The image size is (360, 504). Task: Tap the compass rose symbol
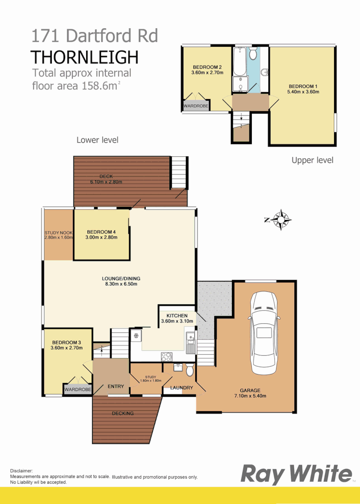281,219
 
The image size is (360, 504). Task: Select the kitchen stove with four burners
167,356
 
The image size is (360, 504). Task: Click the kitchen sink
190,343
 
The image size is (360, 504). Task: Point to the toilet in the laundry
189,370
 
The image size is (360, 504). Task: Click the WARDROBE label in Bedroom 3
78,390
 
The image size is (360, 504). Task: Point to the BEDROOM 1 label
303,86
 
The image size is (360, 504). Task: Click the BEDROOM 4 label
101,232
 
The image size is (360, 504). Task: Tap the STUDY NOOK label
58,232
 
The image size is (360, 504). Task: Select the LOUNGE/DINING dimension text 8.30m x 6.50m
120,284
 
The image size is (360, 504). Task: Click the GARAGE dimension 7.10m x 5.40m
250,396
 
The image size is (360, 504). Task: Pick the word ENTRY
116,386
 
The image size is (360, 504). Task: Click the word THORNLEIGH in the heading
85,57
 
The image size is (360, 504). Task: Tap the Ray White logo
296,474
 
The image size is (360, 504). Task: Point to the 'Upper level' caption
312,160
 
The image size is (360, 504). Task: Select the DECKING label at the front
123,413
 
